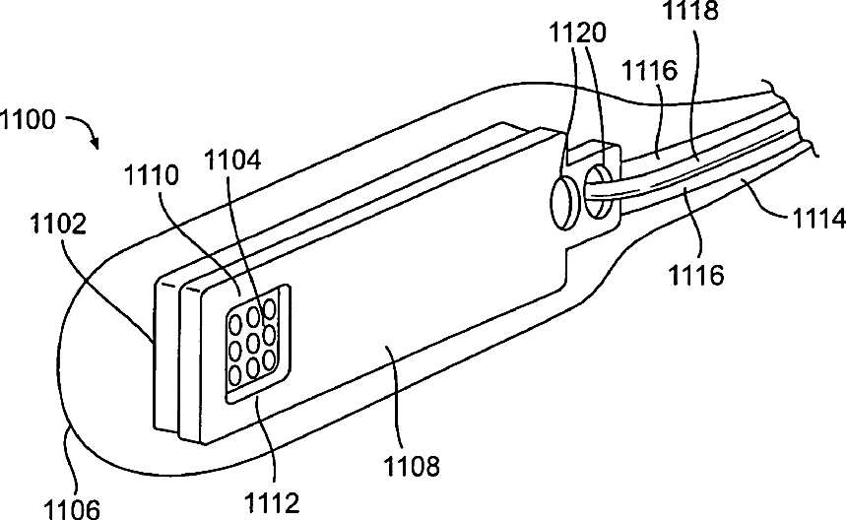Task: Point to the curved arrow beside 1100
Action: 83,131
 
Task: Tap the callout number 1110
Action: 153,177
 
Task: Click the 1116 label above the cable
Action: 651,70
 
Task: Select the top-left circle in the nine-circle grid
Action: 235,323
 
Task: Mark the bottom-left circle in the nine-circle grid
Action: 235,374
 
